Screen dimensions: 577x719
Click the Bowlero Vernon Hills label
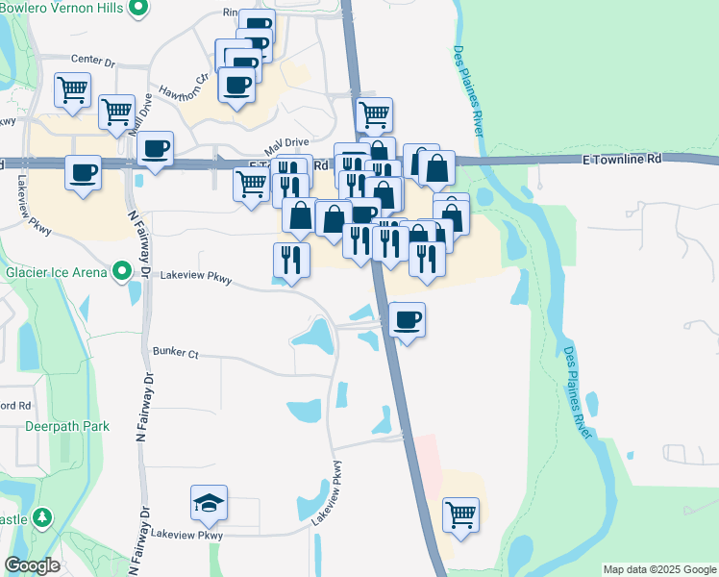coord(63,10)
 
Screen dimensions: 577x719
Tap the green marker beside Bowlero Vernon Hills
coord(138,10)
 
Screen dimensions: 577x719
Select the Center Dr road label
coord(93,63)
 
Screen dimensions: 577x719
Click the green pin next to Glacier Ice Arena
coord(120,272)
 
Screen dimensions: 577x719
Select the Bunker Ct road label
coord(175,354)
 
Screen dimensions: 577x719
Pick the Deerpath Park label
coord(67,426)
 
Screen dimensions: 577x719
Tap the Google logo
coord(33,565)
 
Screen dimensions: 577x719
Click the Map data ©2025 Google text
coord(658,569)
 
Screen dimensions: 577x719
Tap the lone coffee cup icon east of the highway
coord(408,319)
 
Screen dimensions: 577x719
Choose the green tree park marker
coord(41,518)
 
